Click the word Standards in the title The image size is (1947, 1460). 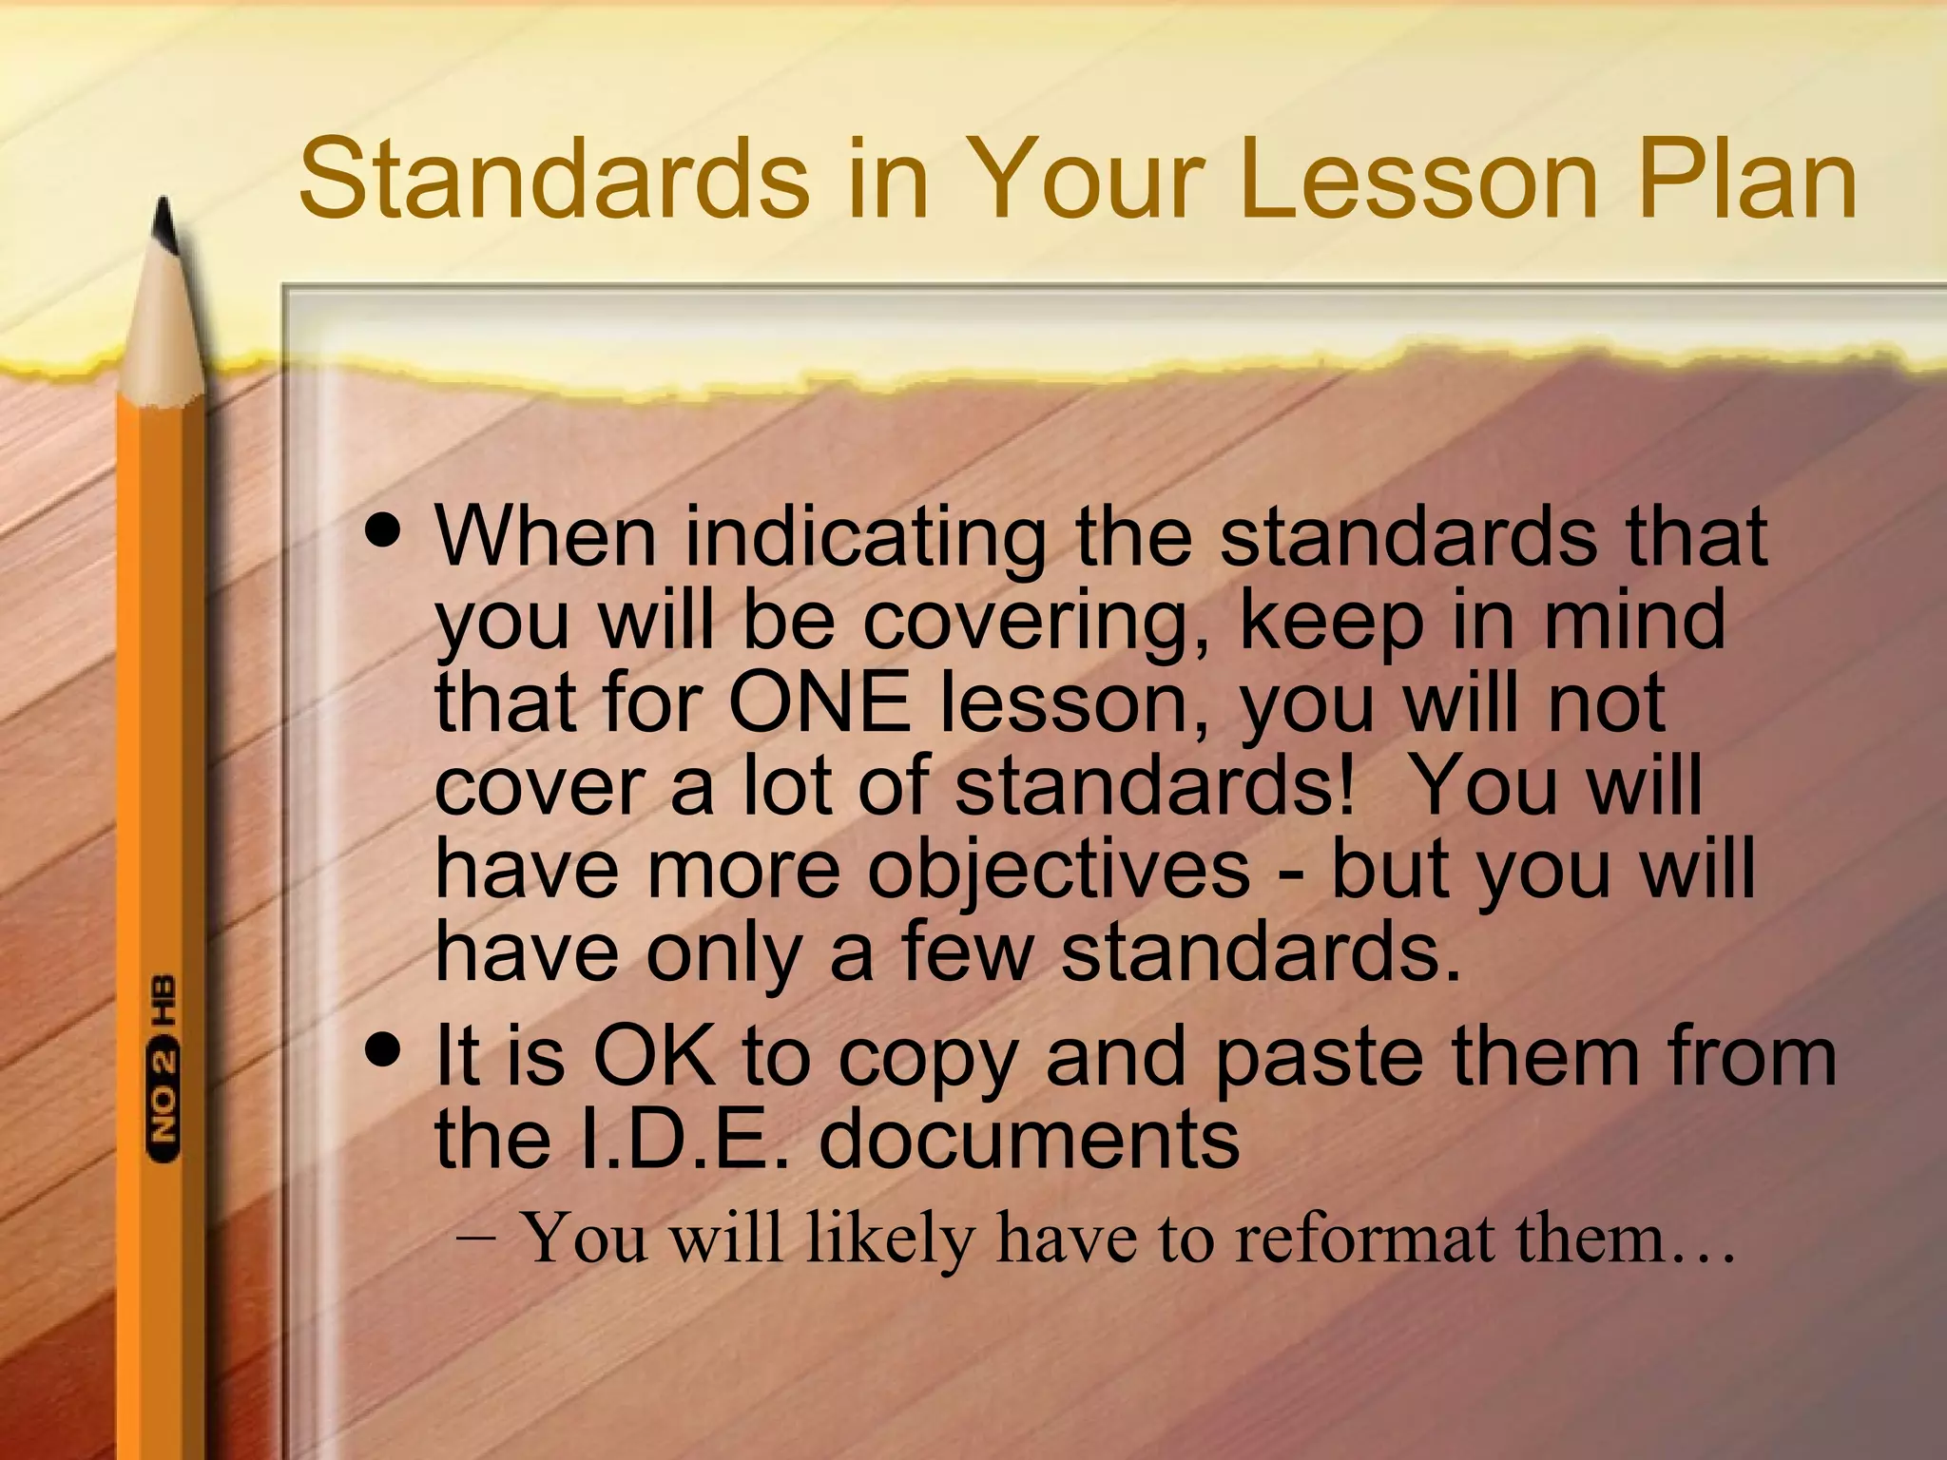coord(553,179)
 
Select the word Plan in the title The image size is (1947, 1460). coord(1747,179)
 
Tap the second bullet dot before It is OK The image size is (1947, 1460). coord(384,1050)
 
